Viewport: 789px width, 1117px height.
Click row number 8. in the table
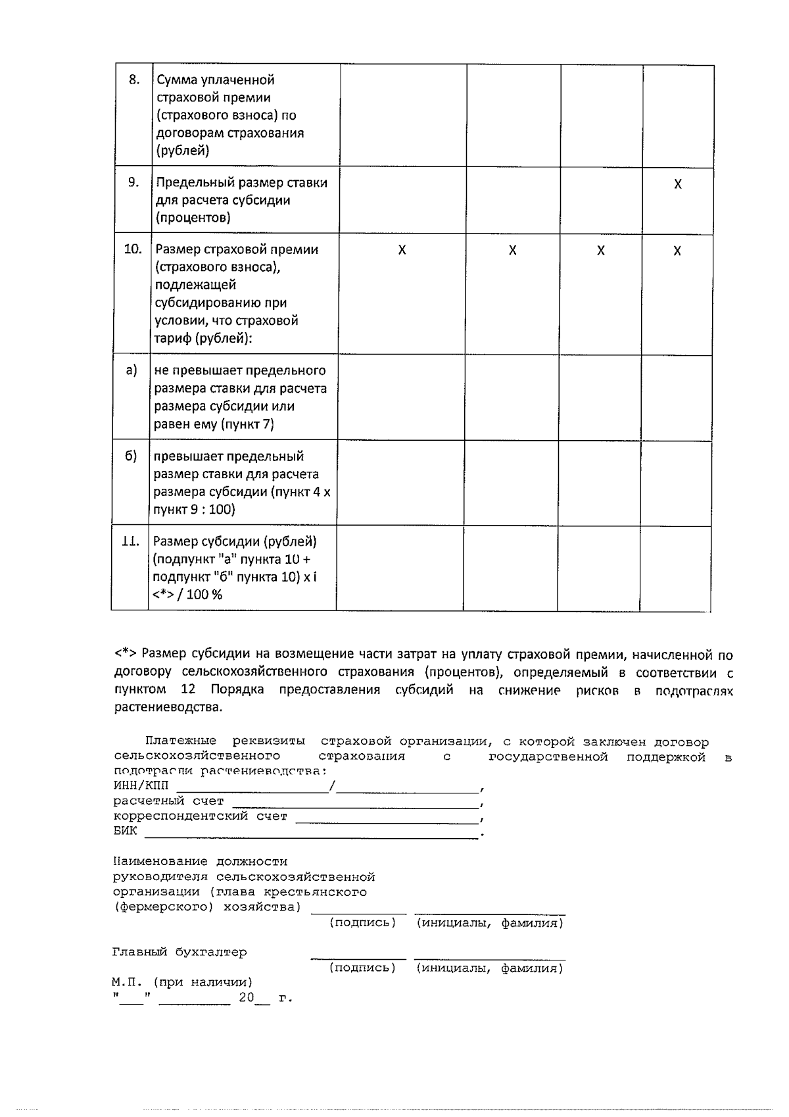[134, 80]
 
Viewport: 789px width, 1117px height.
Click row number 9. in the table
[133, 182]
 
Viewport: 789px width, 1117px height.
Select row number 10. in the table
[133, 249]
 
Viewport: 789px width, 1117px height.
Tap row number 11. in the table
[130, 541]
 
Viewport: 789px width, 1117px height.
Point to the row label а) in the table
[131, 370]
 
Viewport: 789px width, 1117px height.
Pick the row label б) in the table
[131, 457]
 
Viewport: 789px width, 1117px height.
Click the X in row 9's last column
[678, 184]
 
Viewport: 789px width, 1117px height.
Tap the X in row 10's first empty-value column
[402, 251]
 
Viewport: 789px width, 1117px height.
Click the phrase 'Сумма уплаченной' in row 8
[216, 80]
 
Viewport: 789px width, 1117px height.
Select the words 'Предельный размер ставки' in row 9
[241, 182]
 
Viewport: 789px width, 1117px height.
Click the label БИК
[125, 831]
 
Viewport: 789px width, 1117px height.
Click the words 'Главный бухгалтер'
[179, 952]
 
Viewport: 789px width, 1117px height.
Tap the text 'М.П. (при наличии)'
[182, 982]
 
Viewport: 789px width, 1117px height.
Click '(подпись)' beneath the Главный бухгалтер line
[362, 968]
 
